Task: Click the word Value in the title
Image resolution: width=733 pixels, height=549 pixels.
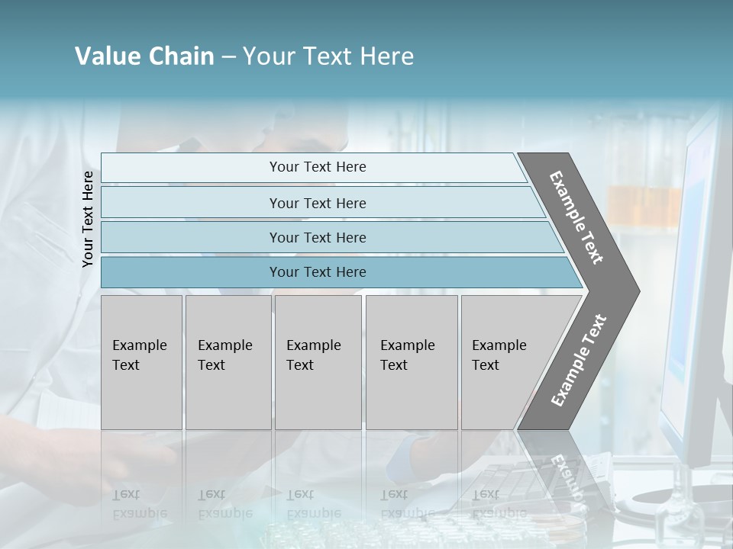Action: [x=106, y=56]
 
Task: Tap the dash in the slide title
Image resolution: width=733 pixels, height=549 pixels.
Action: [x=228, y=57]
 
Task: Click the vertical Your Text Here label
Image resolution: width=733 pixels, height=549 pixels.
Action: [x=88, y=219]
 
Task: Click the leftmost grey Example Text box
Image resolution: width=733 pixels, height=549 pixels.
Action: [x=141, y=362]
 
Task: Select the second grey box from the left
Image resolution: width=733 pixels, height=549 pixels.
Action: [x=228, y=362]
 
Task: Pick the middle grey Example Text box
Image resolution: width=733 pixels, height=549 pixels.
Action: [x=318, y=362]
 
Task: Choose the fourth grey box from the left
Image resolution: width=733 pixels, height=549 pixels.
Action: [x=412, y=362]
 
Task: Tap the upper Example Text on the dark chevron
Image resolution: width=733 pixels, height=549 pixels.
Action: [x=576, y=217]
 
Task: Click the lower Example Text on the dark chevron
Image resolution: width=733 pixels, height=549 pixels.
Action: [x=578, y=361]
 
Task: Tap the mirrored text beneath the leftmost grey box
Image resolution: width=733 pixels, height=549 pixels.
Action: [x=139, y=504]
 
